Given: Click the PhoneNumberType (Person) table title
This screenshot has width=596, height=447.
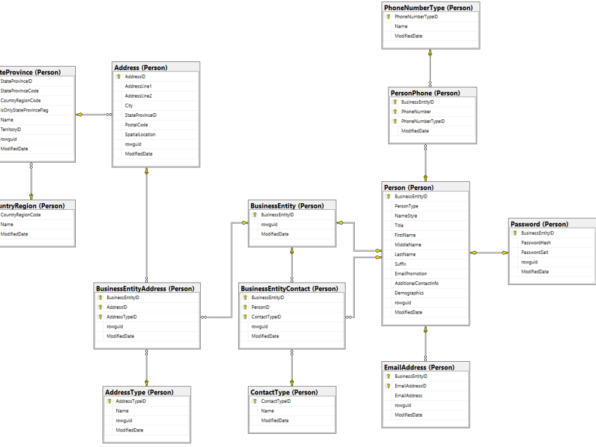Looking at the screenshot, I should pyautogui.click(x=429, y=8).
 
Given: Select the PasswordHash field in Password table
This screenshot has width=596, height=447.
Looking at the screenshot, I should pyautogui.click(x=536, y=243).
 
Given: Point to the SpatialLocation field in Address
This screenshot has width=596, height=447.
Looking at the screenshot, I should pyautogui.click(x=140, y=134).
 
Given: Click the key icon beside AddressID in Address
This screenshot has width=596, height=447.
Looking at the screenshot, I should pyautogui.click(x=119, y=77).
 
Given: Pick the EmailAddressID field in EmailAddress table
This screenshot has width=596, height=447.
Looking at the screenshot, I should pyautogui.click(x=410, y=386).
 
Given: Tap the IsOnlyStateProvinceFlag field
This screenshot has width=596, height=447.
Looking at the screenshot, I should pyautogui.click(x=24, y=110).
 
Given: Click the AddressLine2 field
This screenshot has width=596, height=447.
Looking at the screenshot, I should pyautogui.click(x=138, y=96).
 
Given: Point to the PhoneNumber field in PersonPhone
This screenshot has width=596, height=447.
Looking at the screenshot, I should pyautogui.click(x=416, y=111).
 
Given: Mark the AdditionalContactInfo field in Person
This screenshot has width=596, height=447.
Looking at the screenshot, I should pyautogui.click(x=416, y=283).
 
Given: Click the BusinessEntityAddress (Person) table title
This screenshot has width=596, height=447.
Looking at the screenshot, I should pyautogui.click(x=145, y=288).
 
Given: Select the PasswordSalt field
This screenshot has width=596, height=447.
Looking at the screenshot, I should pyautogui.click(x=535, y=252).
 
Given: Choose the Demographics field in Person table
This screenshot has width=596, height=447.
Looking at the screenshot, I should pyautogui.click(x=409, y=293).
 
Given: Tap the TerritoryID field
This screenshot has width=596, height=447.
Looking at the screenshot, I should pyautogui.click(x=11, y=129).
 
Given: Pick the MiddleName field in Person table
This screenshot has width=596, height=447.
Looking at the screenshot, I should pyautogui.click(x=408, y=244).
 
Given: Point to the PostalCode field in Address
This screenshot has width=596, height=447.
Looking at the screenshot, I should pyautogui.click(x=136, y=125).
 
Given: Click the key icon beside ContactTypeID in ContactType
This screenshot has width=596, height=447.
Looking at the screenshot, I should pyautogui.click(x=254, y=401).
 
